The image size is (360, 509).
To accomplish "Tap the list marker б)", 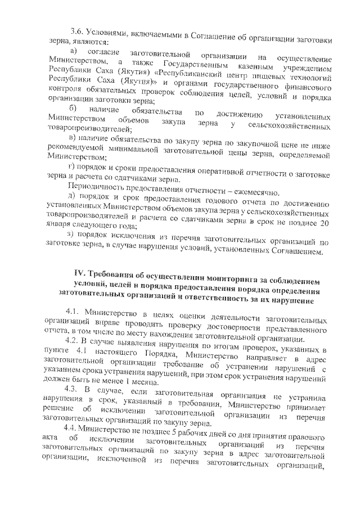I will pos(71,109).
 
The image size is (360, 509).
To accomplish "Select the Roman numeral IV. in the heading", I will pos(74,274).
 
